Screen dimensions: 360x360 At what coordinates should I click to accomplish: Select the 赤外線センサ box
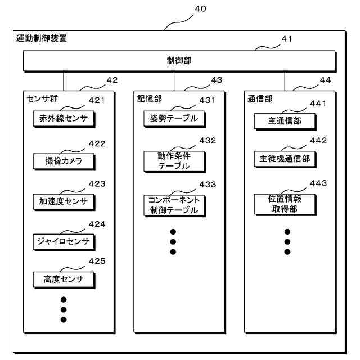click(x=63, y=119)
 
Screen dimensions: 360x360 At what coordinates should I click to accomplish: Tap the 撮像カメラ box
click(x=63, y=160)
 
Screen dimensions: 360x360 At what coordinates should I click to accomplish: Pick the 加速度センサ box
click(x=63, y=201)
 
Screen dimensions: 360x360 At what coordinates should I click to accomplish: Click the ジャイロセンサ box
click(x=63, y=241)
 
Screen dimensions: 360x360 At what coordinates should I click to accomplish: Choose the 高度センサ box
click(x=63, y=280)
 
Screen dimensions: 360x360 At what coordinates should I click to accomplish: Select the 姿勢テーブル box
click(x=174, y=119)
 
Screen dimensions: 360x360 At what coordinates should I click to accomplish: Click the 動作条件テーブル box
click(x=174, y=160)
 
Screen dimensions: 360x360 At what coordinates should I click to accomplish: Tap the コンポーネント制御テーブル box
click(x=174, y=205)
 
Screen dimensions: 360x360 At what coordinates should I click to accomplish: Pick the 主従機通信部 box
click(x=285, y=159)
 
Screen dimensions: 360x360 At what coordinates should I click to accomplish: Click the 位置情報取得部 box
click(x=285, y=204)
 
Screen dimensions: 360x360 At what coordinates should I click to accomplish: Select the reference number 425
click(x=97, y=260)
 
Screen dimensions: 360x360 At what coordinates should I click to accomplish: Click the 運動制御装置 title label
click(x=42, y=40)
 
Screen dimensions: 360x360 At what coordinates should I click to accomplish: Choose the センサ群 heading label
click(x=42, y=98)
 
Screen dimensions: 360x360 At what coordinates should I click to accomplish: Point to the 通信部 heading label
click(x=260, y=98)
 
